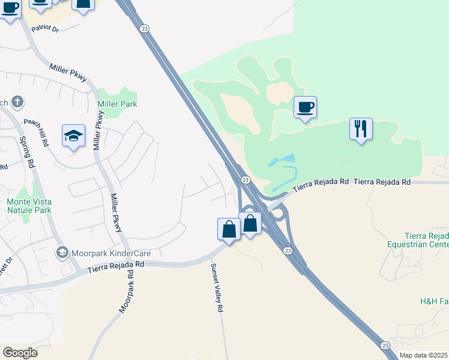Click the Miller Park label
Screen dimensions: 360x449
(117, 104)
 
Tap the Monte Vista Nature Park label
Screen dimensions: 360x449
(29, 206)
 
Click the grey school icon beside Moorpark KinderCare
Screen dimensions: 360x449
(61, 253)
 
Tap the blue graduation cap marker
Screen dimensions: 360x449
(73, 136)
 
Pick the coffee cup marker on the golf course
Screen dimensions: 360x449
(305, 107)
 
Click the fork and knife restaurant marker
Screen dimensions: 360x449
(361, 129)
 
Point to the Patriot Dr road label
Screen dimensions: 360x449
(46, 28)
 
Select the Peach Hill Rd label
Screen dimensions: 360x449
(35, 133)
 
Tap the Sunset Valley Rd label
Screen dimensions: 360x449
(217, 288)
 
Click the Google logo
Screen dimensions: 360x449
(19, 353)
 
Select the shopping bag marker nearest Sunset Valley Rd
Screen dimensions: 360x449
(228, 229)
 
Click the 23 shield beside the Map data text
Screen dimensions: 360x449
(385, 344)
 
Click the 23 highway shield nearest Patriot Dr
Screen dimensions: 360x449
(143, 28)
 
